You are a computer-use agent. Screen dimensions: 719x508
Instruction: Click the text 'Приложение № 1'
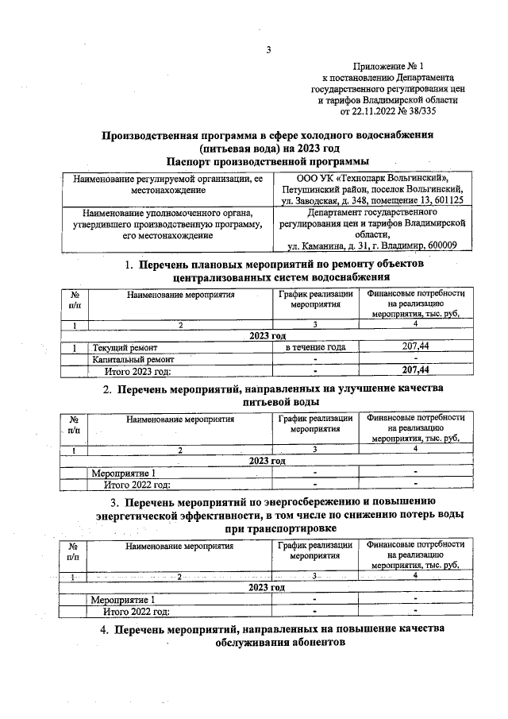tap(389, 67)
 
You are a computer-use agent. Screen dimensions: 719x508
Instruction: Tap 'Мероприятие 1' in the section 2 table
tap(123, 474)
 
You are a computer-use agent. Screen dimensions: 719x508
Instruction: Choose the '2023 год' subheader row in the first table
tap(267, 336)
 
